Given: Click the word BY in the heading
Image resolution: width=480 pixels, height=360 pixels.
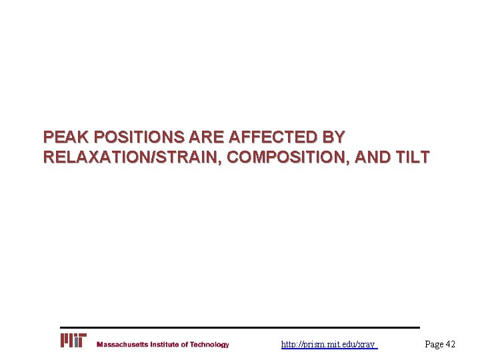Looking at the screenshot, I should click(x=333, y=137).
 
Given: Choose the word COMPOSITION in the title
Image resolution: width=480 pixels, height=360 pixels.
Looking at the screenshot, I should click(x=287, y=158).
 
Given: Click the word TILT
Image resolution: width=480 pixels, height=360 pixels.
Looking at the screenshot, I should click(x=414, y=158).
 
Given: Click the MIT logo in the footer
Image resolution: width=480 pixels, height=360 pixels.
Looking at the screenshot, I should click(x=73, y=341).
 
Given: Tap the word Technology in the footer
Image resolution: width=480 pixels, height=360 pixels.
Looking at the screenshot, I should click(x=209, y=345).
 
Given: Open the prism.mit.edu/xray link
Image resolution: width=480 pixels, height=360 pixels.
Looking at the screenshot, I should click(x=329, y=345).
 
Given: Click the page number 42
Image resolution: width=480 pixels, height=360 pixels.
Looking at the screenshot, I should click(x=450, y=344).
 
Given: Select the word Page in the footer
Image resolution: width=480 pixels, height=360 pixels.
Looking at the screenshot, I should click(x=434, y=344).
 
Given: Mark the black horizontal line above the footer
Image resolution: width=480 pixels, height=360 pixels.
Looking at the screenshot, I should click(x=240, y=327).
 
